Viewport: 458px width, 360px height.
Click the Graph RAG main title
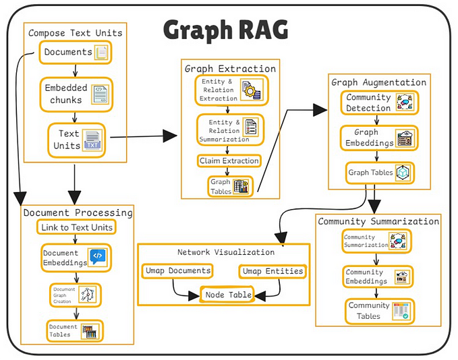225,30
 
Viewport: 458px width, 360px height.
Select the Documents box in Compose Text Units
75,53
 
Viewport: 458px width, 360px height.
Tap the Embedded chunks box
75,94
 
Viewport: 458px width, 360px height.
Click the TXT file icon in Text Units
92,140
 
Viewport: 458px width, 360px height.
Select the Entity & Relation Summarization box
230,129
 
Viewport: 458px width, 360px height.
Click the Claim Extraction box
229,160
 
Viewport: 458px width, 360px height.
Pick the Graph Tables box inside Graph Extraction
229,186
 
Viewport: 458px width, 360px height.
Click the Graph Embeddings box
378,138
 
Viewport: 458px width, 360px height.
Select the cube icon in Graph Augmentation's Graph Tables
403,173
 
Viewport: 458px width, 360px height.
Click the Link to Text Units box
76,227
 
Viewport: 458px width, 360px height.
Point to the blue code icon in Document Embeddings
98,256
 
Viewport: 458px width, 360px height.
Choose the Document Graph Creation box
74,294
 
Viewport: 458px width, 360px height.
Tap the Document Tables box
74,330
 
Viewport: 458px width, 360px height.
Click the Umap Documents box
177,271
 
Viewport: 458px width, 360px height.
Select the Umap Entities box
271,271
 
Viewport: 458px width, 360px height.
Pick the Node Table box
229,295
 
